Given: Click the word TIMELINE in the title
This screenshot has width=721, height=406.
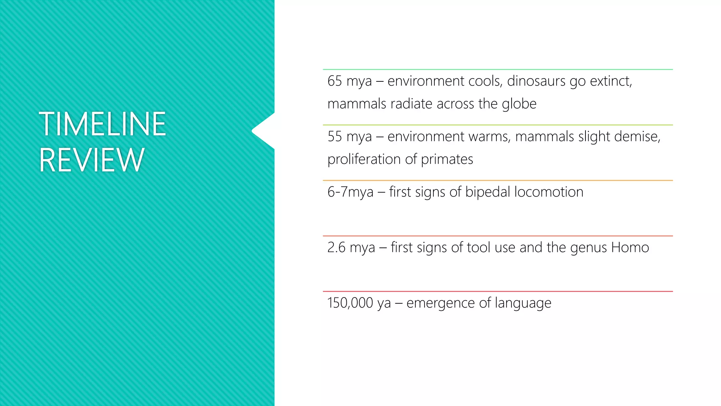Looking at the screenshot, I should (102, 124).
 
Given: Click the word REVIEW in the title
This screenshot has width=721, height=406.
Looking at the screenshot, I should (92, 160).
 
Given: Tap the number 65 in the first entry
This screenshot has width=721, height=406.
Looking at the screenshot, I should (334, 81).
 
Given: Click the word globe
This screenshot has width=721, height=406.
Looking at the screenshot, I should (519, 104).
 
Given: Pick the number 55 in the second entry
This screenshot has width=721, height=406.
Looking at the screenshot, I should (334, 136).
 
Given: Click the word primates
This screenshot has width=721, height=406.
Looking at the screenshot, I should (447, 159).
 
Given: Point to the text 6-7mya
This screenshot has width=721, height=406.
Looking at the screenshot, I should (350, 192).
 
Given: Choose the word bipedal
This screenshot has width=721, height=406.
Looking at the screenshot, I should (488, 192).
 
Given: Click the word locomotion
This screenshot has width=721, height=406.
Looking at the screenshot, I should (549, 192).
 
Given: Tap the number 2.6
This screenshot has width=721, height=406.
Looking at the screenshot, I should (336, 247).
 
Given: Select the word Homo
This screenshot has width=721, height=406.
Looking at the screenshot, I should (630, 247).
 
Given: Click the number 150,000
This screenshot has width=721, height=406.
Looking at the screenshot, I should (350, 303).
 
